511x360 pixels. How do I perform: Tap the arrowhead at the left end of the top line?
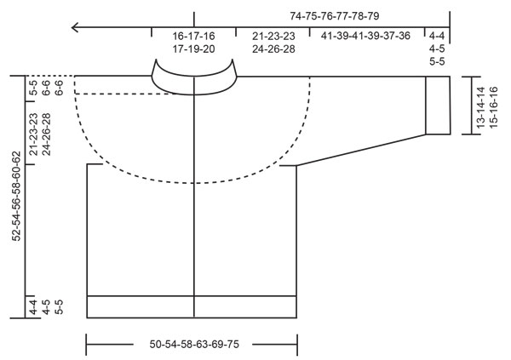(77, 27)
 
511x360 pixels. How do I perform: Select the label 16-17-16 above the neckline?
(193, 37)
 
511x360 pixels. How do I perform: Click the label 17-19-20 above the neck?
(193, 49)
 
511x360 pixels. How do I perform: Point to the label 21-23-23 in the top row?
(273, 37)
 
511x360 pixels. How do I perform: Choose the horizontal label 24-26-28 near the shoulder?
(273, 49)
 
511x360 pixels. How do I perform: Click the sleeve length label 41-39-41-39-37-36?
(366, 37)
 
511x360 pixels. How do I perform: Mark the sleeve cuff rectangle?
(437, 105)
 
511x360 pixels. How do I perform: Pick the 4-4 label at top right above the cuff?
(437, 37)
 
